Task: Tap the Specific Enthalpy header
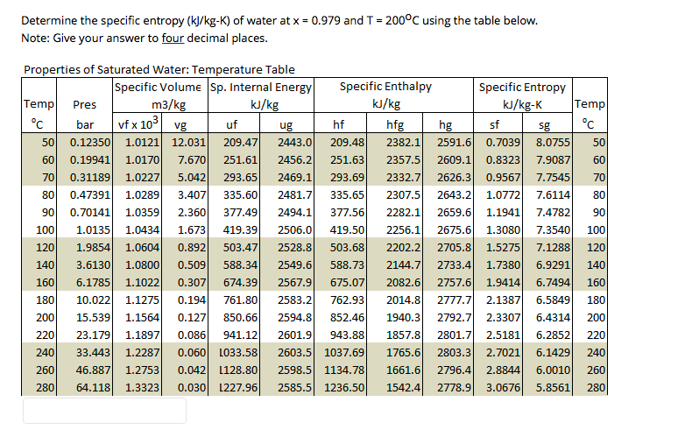coord(385,87)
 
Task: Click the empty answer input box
coord(104,411)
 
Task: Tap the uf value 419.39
coord(240,229)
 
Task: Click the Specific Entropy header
coord(522,87)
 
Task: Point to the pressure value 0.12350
coord(90,142)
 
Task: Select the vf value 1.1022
coord(142,282)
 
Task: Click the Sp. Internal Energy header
coord(261,87)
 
